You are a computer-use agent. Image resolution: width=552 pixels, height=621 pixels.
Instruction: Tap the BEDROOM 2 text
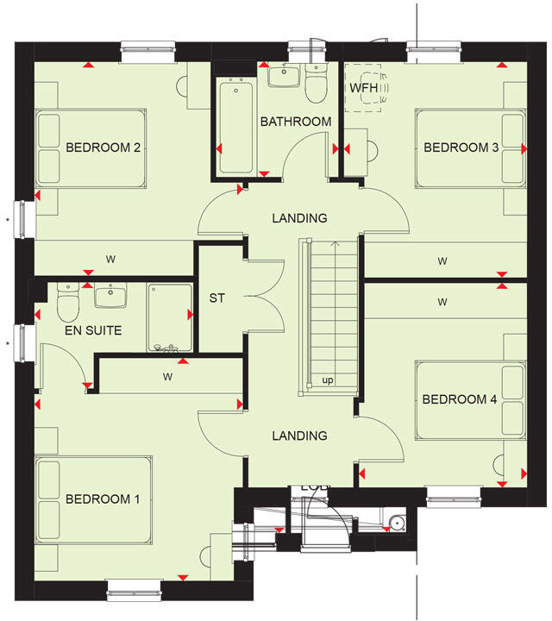[x=103, y=147]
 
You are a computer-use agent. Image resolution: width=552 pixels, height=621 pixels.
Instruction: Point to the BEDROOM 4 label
[x=460, y=399]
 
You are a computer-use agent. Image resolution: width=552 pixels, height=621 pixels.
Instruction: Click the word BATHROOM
[x=296, y=122]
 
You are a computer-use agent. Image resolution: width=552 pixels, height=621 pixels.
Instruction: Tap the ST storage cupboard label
[x=216, y=298]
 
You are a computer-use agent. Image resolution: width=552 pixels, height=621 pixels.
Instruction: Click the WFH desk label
[x=362, y=87]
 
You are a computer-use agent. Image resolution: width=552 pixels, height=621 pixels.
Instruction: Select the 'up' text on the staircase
[x=328, y=380]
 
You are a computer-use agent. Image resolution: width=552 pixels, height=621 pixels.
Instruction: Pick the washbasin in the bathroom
[x=283, y=78]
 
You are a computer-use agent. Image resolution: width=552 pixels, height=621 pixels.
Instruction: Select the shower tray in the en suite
[x=170, y=317]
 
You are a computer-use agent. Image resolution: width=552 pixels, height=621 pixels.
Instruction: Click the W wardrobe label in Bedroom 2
[x=110, y=259]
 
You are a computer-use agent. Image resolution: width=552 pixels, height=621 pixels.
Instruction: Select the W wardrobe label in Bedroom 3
[x=442, y=260]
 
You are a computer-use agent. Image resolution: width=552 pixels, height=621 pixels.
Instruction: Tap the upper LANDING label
[x=299, y=218]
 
